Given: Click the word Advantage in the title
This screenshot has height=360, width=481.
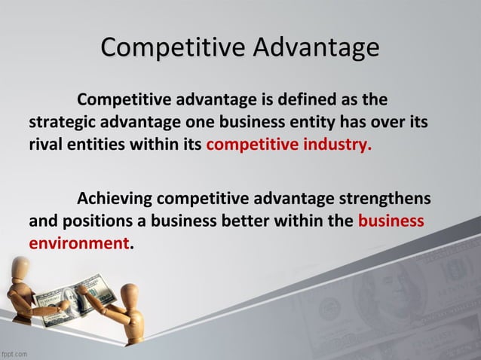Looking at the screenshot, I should pyautogui.click(x=317, y=49).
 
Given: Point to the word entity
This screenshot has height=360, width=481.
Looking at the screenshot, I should pyautogui.click(x=310, y=122).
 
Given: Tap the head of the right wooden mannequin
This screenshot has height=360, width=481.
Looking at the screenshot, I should pyautogui.click(x=130, y=293).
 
